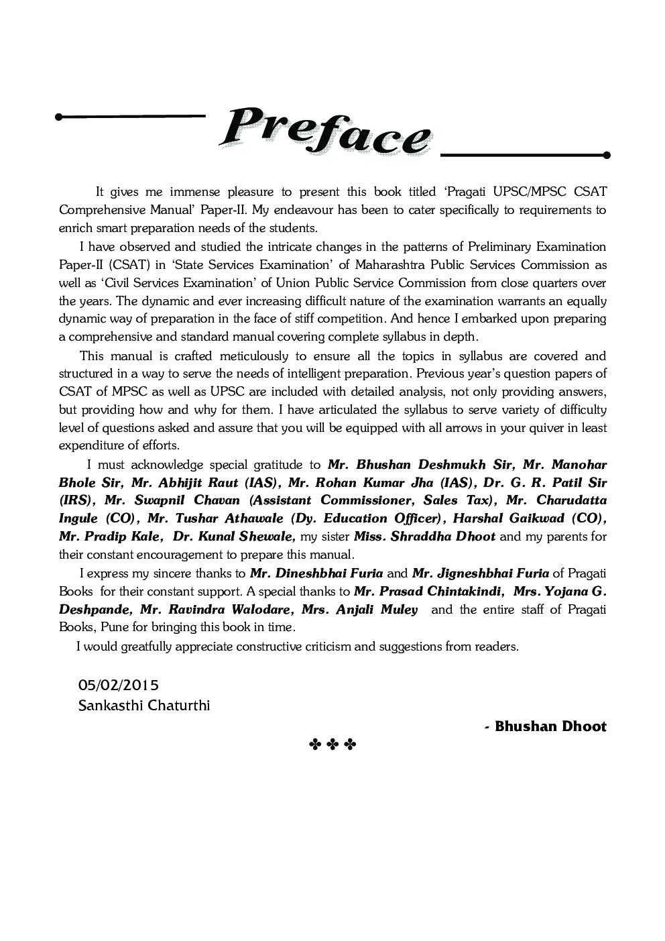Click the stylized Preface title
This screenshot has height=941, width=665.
point(325,131)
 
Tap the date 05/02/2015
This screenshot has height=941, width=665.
point(119,685)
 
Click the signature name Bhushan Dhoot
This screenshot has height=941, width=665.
point(550,726)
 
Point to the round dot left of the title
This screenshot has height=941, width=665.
point(59,117)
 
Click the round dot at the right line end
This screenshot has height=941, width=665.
point(607,156)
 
